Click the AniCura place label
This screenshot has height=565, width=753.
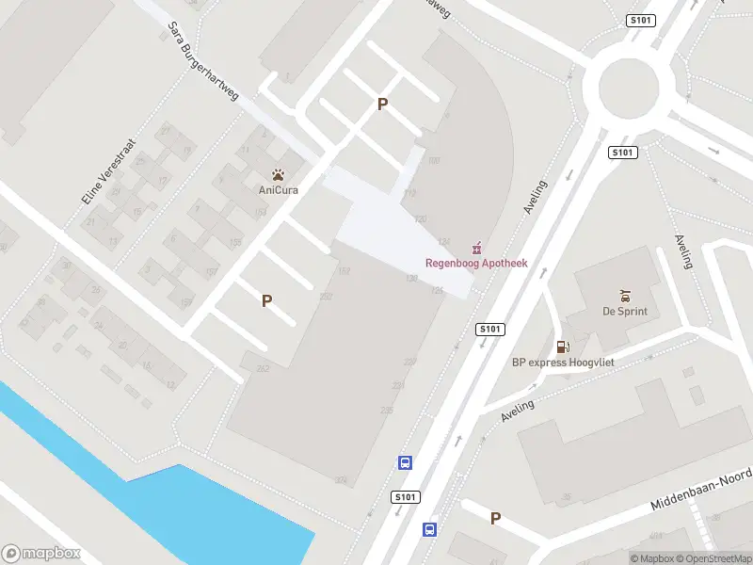pos(278,189)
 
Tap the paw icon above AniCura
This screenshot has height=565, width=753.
pos(278,174)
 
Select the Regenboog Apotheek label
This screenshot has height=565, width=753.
pos(476,263)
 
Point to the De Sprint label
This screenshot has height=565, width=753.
pos(625,312)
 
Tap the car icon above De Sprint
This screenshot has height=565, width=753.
pos(625,296)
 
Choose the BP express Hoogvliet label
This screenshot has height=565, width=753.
pos(555,363)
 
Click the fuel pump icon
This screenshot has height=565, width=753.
pos(563,347)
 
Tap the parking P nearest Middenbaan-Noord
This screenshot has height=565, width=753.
pos(495,518)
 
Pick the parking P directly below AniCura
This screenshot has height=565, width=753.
pos(267,301)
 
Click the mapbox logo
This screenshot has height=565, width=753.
pos(42,554)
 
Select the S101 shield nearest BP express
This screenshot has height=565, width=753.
pos(490,329)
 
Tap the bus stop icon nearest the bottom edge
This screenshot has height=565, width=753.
pos(429,530)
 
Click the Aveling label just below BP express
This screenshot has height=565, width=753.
pos(517,410)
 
